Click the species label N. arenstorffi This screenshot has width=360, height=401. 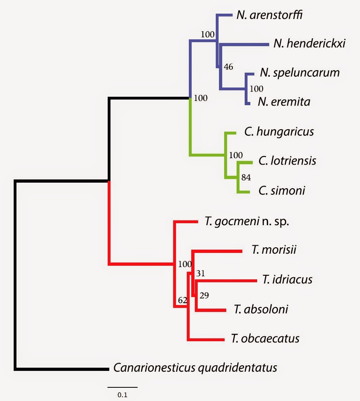pos(269,15)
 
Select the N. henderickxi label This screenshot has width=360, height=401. pos(309,43)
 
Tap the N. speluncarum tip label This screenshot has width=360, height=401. pos(300,73)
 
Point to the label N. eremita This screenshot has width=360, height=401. pos(284,102)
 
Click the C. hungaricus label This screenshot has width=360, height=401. pos(279,132)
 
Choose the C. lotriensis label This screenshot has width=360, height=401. pos(287,161)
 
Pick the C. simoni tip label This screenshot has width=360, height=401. pos(282,191)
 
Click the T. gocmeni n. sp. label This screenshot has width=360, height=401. pos(247,222)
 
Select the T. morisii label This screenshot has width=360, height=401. pos(274,250)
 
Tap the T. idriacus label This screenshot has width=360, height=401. pos(287,279)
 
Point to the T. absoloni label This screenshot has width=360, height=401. pos(261,309)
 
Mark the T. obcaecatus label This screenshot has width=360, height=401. pos(265,338)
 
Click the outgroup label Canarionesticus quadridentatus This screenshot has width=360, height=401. pos(195,368)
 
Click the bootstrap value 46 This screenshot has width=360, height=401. pos(228,67)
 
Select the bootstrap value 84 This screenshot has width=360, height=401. pos(246,177)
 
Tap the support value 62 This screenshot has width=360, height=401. pos(182,300)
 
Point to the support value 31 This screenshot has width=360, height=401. pos(200,273)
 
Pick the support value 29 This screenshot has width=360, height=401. pos(205,295)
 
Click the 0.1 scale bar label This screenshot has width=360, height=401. pos(123,395)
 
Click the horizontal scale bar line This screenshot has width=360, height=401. pos(123,387)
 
